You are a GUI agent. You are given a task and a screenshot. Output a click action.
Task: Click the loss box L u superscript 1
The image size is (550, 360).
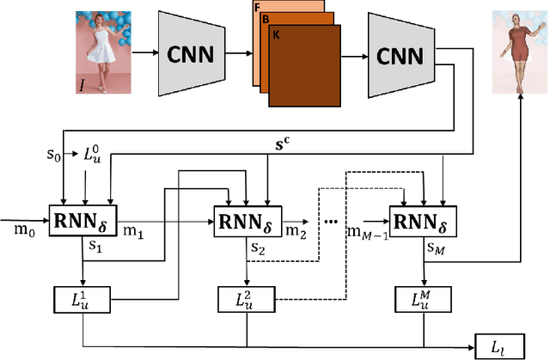pos(84,299)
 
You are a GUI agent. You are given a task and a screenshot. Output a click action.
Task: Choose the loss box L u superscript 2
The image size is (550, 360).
pos(247,299)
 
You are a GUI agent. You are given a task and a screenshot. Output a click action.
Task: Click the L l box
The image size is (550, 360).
pos(500,346)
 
